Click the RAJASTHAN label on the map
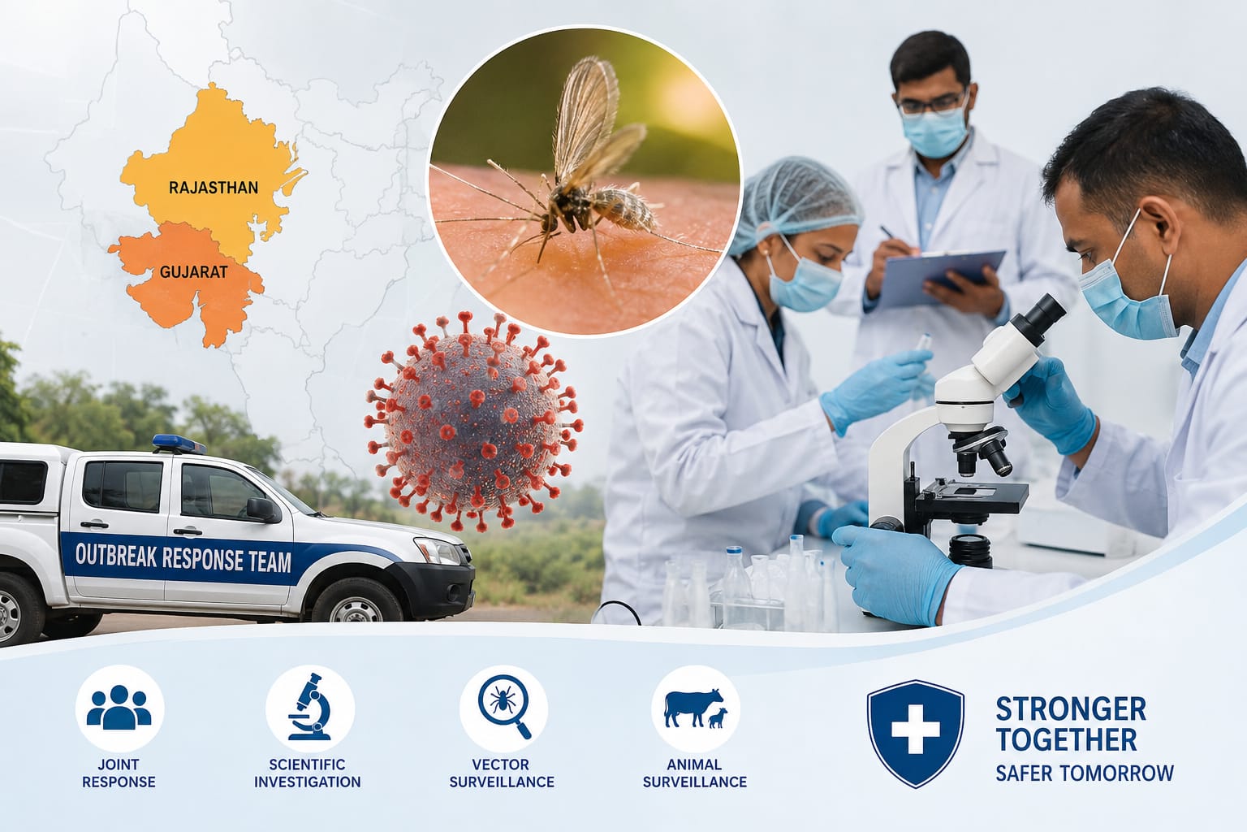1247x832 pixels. click(x=214, y=188)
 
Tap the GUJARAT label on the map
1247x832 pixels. click(x=194, y=272)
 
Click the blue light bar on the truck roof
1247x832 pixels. click(x=179, y=444)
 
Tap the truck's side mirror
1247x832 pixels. click(x=262, y=509)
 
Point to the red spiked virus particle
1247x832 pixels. click(x=473, y=421)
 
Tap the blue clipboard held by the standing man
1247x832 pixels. click(x=941, y=277)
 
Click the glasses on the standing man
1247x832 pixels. click(x=931, y=105)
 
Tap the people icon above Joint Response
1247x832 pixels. click(x=119, y=708)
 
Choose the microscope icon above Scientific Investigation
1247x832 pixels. click(x=310, y=707)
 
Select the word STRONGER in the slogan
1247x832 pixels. click(x=1071, y=708)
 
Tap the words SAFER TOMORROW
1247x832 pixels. click(x=1085, y=773)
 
